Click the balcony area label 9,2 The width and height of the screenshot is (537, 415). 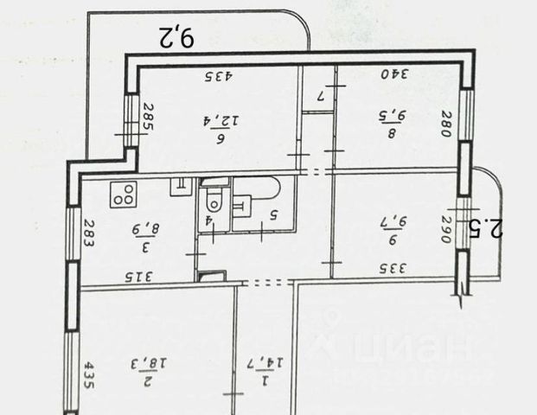(x=178, y=37)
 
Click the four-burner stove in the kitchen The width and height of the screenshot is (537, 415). (x=125, y=195)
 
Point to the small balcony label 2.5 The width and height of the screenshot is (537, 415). (x=494, y=229)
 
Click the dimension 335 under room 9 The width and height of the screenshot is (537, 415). (x=393, y=268)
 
